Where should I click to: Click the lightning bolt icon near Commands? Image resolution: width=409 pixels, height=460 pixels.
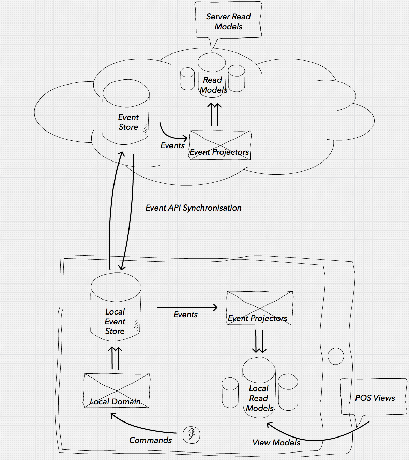pyautogui.click(x=192, y=434)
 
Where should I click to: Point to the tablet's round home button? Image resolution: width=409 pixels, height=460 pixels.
pyautogui.click(x=336, y=356)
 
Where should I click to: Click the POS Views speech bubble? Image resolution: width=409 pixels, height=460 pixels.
pyautogui.click(x=374, y=397)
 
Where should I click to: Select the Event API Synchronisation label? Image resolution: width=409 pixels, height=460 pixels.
pyautogui.click(x=193, y=208)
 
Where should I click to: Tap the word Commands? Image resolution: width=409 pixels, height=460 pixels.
pyautogui.click(x=150, y=440)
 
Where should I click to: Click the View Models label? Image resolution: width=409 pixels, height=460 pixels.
pyautogui.click(x=276, y=443)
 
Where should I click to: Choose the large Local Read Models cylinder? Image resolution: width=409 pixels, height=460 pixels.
pyautogui.click(x=259, y=388)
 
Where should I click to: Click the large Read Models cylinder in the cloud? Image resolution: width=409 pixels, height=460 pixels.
pyautogui.click(x=212, y=77)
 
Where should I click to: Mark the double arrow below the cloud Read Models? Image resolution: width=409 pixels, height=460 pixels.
pyautogui.click(x=214, y=114)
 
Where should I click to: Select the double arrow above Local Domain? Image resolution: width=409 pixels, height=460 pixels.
pyautogui.click(x=115, y=358)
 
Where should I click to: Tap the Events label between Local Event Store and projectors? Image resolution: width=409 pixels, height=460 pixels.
pyautogui.click(x=185, y=315)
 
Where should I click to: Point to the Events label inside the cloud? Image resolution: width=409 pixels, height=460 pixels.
pyautogui.click(x=172, y=145)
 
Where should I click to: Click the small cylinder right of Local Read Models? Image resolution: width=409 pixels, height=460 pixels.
pyautogui.click(x=288, y=392)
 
